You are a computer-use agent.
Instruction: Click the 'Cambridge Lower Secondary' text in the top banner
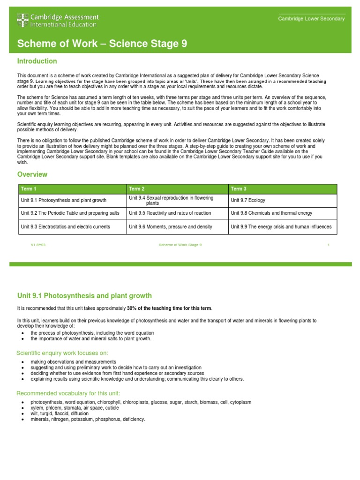pos(311,19)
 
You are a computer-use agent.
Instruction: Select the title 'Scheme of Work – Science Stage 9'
pos(102,44)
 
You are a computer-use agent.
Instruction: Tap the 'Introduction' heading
pos(37,61)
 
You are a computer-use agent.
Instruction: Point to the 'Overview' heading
pos(32,174)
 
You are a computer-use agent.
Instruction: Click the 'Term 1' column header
pos(29,189)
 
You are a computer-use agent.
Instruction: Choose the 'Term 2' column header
pos(137,189)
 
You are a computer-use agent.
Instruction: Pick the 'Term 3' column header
pos(239,189)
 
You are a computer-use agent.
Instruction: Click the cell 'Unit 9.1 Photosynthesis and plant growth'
pos(64,200)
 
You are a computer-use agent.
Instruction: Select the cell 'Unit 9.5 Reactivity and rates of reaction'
pos(170,213)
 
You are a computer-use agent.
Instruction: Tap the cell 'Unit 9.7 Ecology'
pos(248,200)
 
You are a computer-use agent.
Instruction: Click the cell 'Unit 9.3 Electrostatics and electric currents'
pos(66,226)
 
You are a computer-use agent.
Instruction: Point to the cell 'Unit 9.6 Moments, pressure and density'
pos(171,226)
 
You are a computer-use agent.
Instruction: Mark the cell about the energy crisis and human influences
pos(281,226)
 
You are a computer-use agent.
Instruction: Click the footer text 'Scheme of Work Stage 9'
pos(180,245)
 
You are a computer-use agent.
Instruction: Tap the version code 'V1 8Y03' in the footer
pos(38,245)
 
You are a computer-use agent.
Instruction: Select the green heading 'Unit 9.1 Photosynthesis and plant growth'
pos(84,296)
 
